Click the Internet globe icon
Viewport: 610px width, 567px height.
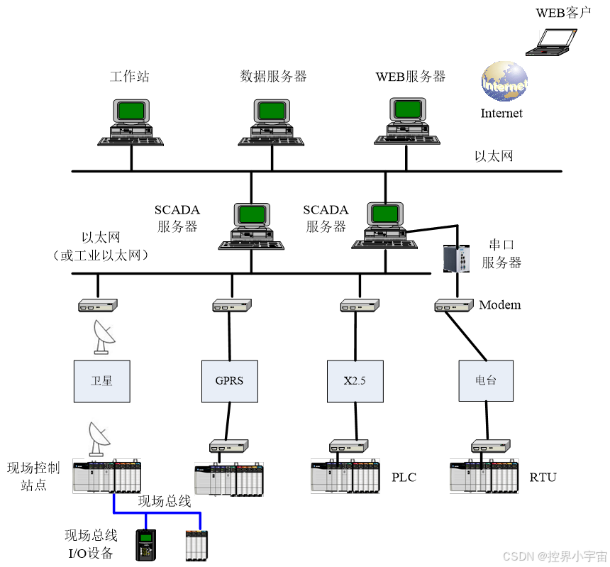[505, 81]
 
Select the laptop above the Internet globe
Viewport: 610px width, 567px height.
[551, 42]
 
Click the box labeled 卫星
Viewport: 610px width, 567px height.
[102, 381]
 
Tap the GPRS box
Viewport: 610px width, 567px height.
[229, 381]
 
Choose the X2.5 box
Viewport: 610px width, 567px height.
[355, 381]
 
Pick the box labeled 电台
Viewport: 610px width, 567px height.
[486, 381]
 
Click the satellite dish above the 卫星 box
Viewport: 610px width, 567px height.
[104, 336]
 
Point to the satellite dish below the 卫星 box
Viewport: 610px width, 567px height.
[99, 439]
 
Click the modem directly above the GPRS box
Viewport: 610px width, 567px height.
[232, 305]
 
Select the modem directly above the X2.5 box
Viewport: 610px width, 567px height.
[360, 305]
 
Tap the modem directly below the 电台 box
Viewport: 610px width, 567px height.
[491, 446]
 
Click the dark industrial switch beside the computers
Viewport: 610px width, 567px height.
[456, 258]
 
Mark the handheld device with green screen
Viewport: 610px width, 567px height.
[145, 544]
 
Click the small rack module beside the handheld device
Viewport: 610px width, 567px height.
[196, 544]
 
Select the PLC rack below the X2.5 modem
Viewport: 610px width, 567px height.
[345, 476]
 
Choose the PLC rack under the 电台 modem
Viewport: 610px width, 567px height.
[484, 476]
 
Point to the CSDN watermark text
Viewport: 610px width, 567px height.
[554, 556]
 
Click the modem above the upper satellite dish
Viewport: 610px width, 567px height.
[97, 305]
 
